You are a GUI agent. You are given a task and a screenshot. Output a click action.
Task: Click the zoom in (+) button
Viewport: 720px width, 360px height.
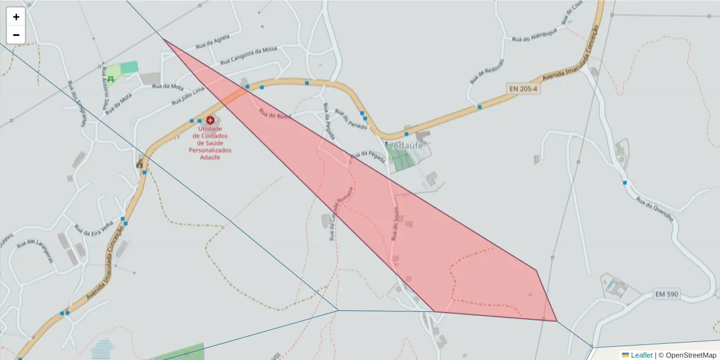click(16, 17)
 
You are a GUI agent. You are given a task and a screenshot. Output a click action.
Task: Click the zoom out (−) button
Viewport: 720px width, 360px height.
click(16, 35)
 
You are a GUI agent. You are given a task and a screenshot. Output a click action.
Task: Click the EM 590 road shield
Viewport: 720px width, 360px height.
click(668, 294)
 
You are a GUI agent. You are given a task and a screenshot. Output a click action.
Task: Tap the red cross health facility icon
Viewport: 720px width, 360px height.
click(210, 121)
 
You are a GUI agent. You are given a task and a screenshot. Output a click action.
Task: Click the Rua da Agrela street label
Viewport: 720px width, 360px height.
click(213, 43)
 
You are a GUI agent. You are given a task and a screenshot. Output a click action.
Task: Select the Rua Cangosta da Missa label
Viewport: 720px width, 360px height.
click(248, 55)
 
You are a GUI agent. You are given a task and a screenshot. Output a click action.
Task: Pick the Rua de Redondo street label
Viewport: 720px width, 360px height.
click(487, 71)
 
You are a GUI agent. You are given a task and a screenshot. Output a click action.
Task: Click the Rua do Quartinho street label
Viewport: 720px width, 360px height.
click(655, 211)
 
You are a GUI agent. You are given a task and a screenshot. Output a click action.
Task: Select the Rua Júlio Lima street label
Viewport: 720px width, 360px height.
click(188, 95)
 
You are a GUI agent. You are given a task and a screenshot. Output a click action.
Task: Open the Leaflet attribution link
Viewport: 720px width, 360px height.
click(641, 355)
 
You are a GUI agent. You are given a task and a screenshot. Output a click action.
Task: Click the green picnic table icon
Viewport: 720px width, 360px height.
click(111, 79)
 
